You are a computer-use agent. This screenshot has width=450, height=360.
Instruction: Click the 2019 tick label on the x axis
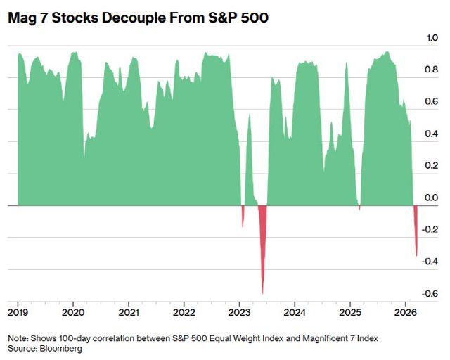point(18,311)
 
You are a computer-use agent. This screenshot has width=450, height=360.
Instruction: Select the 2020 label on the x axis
point(73,311)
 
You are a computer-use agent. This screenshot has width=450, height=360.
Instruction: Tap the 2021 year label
point(129,311)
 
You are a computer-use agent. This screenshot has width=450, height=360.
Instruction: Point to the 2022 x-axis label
point(184,311)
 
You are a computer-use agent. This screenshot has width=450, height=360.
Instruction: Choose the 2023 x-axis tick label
point(240,311)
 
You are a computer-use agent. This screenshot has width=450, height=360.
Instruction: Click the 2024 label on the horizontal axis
point(295,311)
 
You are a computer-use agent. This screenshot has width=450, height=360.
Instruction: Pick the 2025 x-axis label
point(350,311)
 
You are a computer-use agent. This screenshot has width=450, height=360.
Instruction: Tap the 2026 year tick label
point(405,311)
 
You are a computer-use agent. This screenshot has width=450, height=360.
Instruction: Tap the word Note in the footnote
point(18,338)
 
